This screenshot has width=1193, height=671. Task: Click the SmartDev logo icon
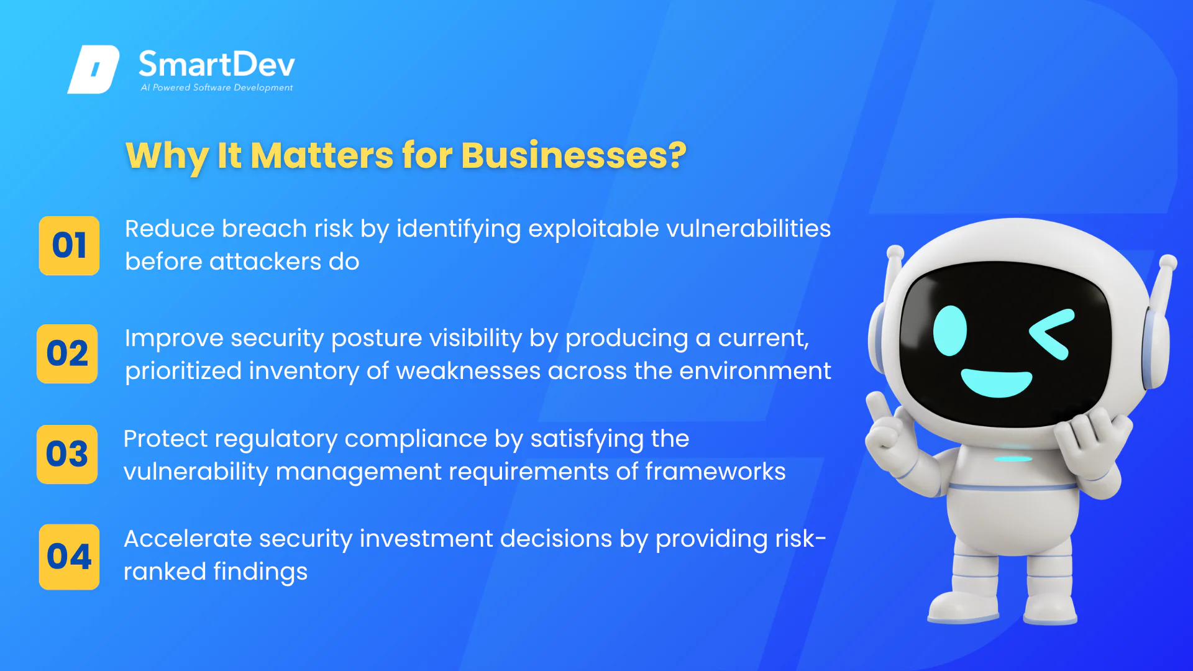point(93,69)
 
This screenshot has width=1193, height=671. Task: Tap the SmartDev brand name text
point(217,64)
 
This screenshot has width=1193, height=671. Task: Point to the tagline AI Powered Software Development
point(217,88)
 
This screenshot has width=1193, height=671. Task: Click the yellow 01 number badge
point(69,245)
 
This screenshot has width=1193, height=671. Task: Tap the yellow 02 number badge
point(67,354)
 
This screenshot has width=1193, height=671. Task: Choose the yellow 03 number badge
point(67,454)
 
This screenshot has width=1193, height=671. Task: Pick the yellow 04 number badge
point(69,557)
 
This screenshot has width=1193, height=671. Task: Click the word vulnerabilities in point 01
point(748,229)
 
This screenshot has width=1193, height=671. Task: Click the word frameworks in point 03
point(715,472)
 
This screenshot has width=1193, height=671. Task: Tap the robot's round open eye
point(950,331)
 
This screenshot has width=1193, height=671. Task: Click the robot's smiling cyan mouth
point(997,382)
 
